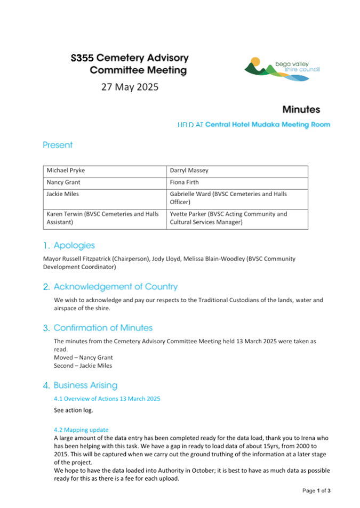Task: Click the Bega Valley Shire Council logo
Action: point(282,68)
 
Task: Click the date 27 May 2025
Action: point(130,87)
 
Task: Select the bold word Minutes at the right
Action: point(301,109)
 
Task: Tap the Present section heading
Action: point(58,145)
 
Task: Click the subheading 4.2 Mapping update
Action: point(81,430)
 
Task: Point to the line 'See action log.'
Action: point(73,411)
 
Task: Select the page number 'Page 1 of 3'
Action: point(316,490)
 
